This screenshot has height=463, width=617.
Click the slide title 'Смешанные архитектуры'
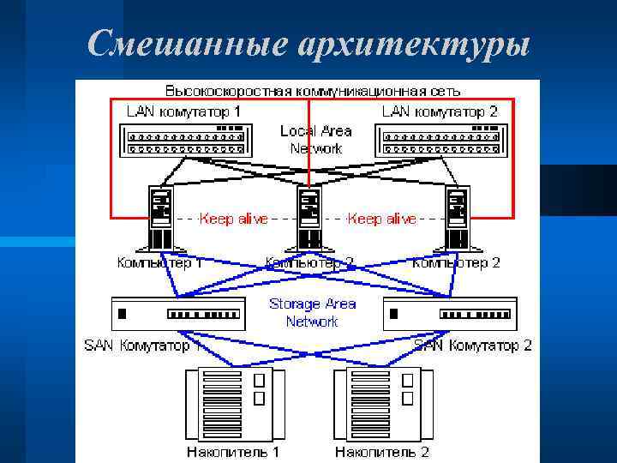point(308,43)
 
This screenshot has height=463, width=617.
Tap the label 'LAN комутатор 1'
point(183,111)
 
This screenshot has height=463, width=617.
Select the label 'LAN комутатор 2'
point(439,111)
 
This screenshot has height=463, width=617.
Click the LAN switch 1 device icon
point(186,140)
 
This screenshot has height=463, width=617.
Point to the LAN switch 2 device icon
point(438,140)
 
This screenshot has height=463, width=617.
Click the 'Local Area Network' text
point(315,140)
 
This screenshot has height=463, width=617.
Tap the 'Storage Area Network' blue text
point(312,312)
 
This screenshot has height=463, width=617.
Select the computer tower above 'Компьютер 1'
point(161,219)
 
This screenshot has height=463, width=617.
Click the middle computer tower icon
point(309,219)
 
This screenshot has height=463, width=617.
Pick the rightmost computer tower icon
point(457,219)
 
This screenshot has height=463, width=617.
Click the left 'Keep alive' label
point(233,219)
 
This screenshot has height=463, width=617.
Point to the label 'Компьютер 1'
point(159,262)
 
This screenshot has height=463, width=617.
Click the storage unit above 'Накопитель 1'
point(234,402)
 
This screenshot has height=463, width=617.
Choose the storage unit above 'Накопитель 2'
point(381,402)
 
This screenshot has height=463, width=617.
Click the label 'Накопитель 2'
point(381,451)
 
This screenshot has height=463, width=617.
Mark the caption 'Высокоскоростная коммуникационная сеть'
point(313,89)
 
